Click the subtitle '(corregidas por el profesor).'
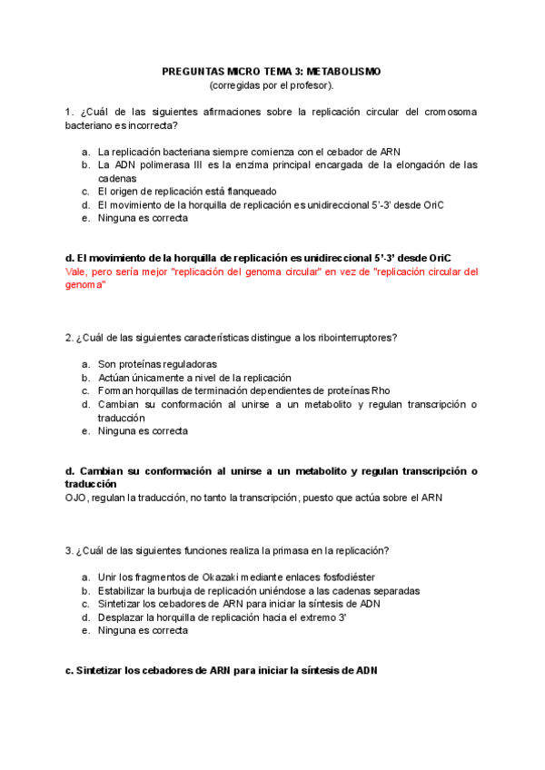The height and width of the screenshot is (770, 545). [x=272, y=84]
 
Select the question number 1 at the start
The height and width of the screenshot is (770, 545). [x=69, y=112]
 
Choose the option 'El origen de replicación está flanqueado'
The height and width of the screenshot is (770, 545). [x=187, y=192]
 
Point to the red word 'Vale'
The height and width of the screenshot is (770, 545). [x=78, y=271]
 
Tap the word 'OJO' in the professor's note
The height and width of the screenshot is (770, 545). [x=78, y=498]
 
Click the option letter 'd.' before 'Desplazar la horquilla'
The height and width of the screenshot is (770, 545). [x=84, y=617]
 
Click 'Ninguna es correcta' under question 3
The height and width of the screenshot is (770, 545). [x=143, y=630]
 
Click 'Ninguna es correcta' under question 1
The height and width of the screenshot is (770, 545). [x=143, y=218]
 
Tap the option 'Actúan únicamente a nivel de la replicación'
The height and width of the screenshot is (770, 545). [x=194, y=378]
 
